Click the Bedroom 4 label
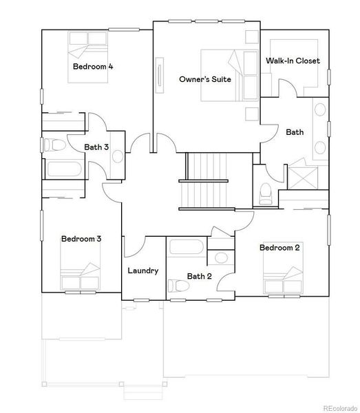(93, 67)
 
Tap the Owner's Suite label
(204, 79)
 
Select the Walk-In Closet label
(293, 61)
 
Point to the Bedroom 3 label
(81, 239)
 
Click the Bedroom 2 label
(279, 247)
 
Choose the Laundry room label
(143, 271)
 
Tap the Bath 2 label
(198, 277)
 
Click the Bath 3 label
(96, 147)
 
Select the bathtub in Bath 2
(186, 248)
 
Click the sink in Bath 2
(220, 258)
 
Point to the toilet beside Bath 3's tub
(57, 145)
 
